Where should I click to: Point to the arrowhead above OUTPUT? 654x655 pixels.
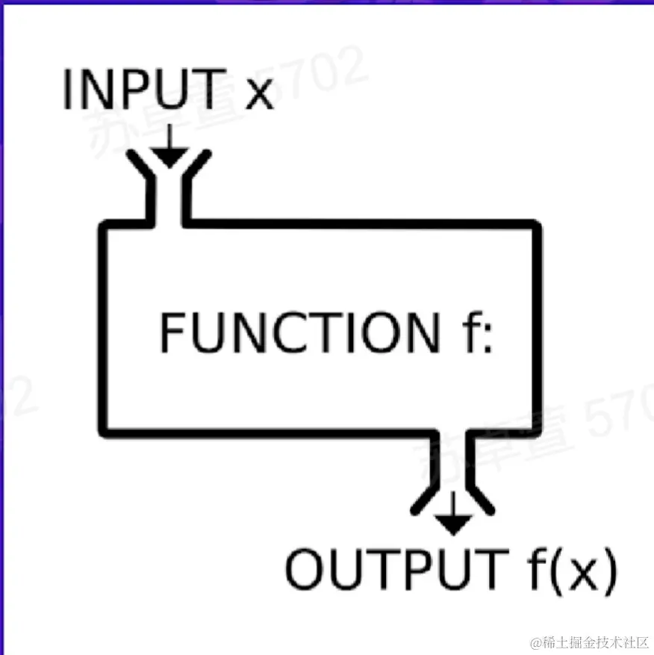452,523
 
